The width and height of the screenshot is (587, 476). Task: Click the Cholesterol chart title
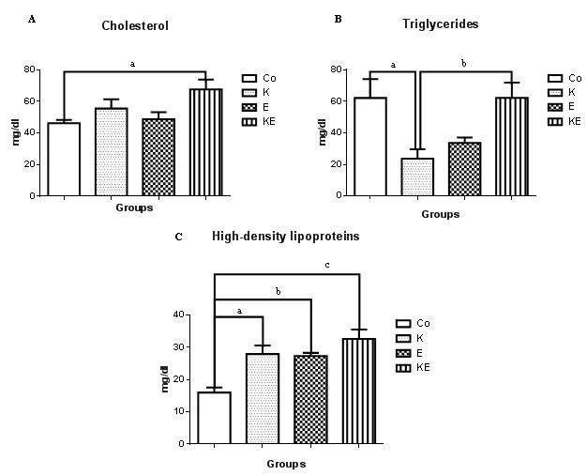(136, 25)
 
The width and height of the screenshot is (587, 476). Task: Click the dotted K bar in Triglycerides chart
(417, 177)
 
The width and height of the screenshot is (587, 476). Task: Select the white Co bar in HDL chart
(215, 418)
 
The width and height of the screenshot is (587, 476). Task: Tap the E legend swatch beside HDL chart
(403, 352)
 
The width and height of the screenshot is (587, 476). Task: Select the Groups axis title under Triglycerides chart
(441, 214)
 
